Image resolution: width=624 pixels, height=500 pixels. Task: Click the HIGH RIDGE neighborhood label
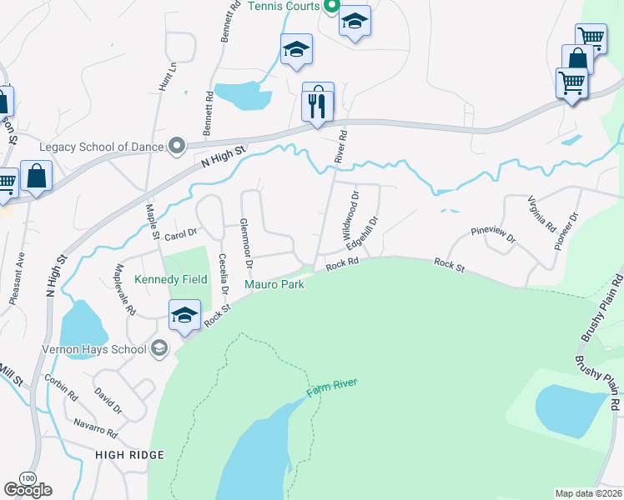click(129, 455)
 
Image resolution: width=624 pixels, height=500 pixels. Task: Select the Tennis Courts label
click(284, 7)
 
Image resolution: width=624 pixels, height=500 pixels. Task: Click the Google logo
click(28, 489)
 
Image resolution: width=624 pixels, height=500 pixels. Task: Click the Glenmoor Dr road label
click(246, 242)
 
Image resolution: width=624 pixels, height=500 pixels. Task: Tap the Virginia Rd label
click(541, 213)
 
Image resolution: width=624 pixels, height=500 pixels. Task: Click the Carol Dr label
click(179, 236)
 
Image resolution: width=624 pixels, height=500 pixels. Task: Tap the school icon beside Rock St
click(185, 315)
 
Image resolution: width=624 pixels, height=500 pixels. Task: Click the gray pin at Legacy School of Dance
click(177, 147)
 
